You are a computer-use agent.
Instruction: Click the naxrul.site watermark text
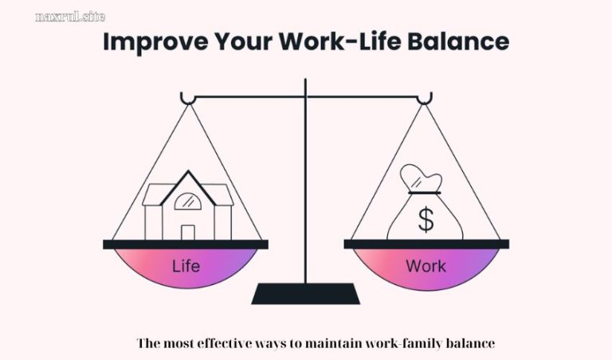70,16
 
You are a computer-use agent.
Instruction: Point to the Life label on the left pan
186,266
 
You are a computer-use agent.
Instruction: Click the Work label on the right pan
426,266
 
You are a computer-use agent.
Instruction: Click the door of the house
188,232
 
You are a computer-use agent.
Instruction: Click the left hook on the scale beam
187,98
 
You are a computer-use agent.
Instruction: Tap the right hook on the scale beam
426,98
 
